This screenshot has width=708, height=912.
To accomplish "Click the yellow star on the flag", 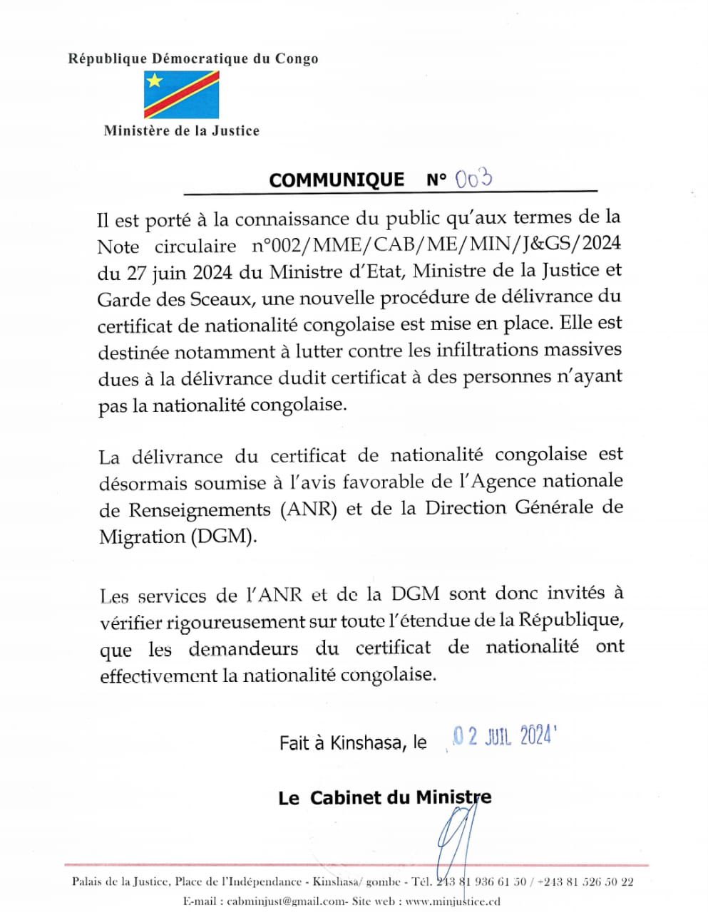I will [155, 81].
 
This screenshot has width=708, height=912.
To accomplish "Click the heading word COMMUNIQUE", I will [336, 180].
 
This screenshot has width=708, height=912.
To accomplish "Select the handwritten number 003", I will [473, 178].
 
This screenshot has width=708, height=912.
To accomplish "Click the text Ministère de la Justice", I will [181, 130].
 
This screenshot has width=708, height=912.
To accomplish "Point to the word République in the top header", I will [107, 58].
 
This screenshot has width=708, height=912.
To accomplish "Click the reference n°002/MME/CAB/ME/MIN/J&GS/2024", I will [436, 244].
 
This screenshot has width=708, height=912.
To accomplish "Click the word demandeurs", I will [243, 648].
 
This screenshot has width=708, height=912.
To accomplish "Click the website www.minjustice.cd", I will [452, 901].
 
